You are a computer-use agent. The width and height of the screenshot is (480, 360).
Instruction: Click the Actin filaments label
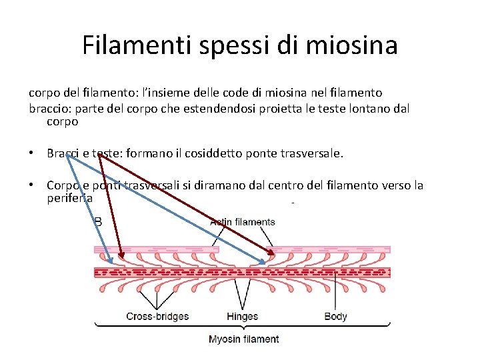click(243, 221)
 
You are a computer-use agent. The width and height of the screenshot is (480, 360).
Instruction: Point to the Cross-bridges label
click(157, 316)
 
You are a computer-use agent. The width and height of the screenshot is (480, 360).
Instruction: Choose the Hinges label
click(242, 316)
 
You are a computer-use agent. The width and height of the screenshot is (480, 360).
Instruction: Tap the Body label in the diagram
click(335, 316)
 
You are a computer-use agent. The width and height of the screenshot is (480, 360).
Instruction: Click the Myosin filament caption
click(244, 339)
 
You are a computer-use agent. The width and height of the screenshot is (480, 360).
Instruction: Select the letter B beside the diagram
click(98, 221)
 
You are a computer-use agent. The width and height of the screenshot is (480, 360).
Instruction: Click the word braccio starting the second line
click(48, 108)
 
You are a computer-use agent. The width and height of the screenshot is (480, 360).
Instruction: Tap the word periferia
click(69, 198)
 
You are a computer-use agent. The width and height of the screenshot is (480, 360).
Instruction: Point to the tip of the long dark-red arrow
click(274, 255)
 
